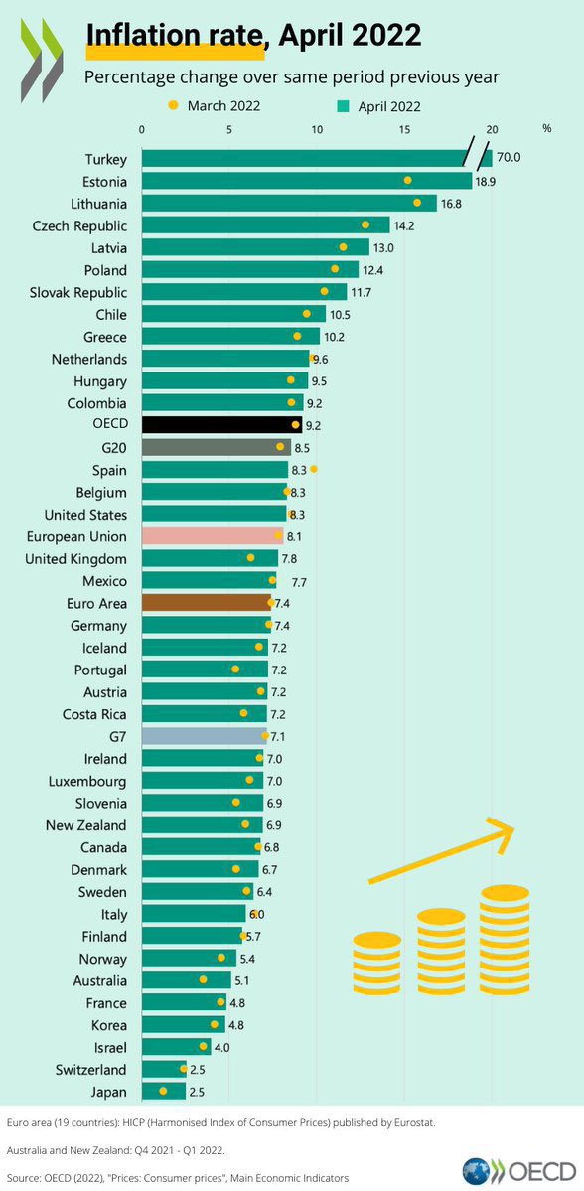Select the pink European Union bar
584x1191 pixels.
click(213, 536)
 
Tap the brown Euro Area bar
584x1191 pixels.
click(207, 603)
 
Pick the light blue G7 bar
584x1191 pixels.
click(204, 736)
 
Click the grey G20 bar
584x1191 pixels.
click(217, 447)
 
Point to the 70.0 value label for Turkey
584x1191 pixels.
click(510, 158)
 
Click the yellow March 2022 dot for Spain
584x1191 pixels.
click(314, 468)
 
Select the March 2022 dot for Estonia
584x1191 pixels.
click(407, 180)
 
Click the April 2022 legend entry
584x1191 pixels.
click(382, 106)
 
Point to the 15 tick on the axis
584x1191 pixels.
click(404, 129)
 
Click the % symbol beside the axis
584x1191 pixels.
click(547, 129)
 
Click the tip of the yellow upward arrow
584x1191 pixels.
click(514, 823)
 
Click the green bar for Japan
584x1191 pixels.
click(163, 1092)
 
